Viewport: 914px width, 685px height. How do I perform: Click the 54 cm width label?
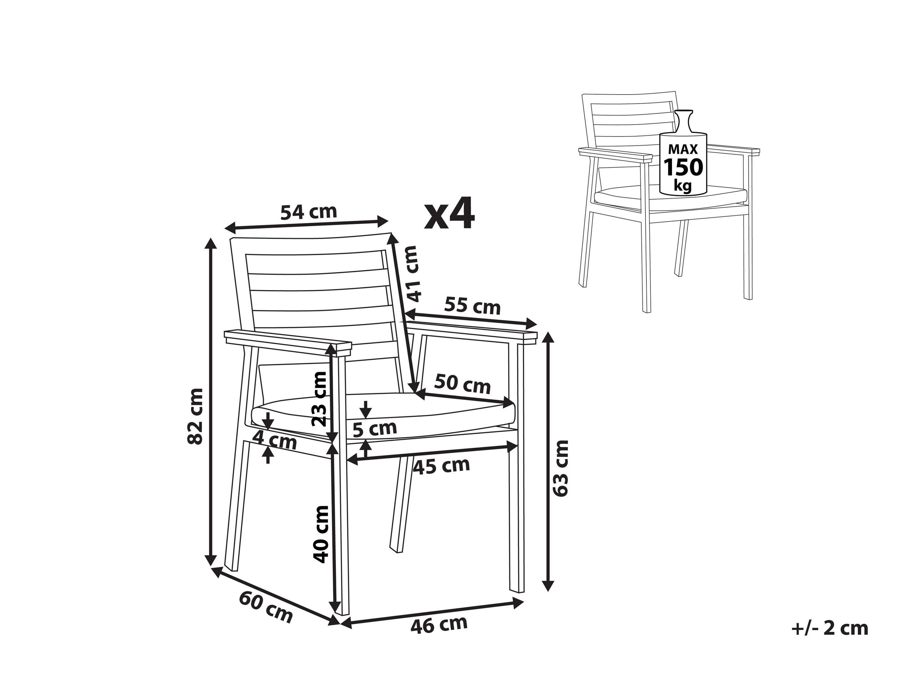click(309, 212)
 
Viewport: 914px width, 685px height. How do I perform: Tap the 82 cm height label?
click(195, 416)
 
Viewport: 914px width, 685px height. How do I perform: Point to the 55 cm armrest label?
click(472, 306)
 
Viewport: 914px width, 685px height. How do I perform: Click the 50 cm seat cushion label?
click(462, 384)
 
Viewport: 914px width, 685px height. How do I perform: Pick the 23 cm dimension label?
click(320, 399)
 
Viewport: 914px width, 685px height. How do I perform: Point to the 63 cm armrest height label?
click(561, 468)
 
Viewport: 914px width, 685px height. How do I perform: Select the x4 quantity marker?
click(450, 214)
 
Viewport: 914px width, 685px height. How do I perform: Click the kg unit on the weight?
click(683, 186)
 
